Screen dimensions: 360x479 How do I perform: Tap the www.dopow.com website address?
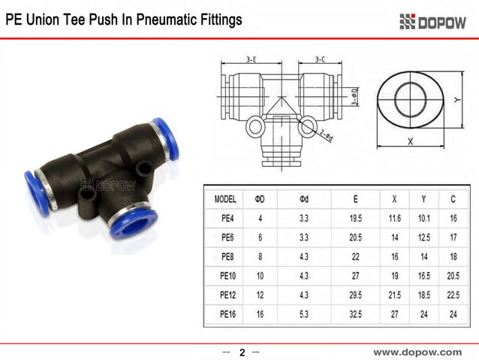click(x=417, y=351)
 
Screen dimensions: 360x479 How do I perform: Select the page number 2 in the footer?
click(x=242, y=352)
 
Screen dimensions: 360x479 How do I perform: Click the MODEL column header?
click(x=225, y=199)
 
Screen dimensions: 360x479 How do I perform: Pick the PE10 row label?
click(x=228, y=276)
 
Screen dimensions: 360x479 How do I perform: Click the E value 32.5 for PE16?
click(x=355, y=313)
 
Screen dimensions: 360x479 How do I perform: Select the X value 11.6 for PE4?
click(x=395, y=219)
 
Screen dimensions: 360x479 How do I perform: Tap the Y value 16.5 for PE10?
click(x=424, y=276)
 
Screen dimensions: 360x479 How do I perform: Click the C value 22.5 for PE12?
click(x=453, y=295)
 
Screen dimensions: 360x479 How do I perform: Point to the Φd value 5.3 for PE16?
click(x=304, y=313)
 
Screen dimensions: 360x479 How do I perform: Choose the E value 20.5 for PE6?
click(x=355, y=237)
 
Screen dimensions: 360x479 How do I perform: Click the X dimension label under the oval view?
click(x=410, y=141)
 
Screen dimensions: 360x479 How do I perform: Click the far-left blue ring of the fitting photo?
click(x=36, y=192)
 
